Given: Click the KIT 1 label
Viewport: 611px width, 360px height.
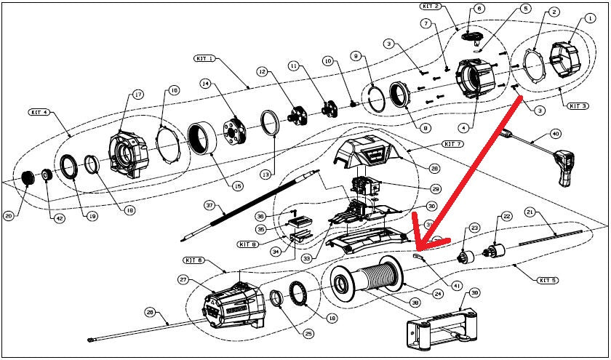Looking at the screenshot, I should pyautogui.click(x=204, y=58).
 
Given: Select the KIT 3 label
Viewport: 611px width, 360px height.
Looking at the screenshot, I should pyautogui.click(x=578, y=105).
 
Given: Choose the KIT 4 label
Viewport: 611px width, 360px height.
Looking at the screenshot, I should pyautogui.click(x=40, y=113).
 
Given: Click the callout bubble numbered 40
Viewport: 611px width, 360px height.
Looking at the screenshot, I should pyautogui.click(x=556, y=134).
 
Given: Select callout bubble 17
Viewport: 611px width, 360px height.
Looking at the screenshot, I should pyautogui.click(x=136, y=95).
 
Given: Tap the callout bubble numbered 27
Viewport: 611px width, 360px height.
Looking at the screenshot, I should pyautogui.click(x=183, y=279).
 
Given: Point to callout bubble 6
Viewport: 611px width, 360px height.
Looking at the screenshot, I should pyautogui.click(x=478, y=9).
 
